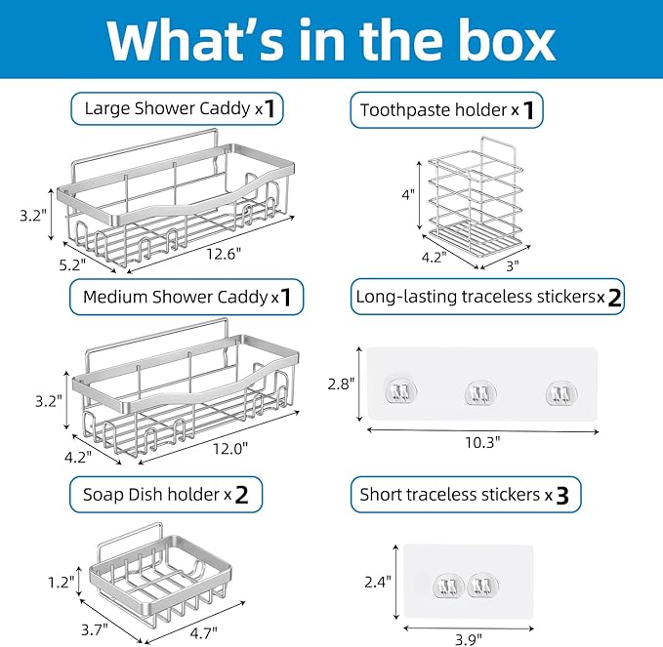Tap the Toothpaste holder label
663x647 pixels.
point(447,109)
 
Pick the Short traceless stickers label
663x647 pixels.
point(466,495)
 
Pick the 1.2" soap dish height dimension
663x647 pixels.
point(60,582)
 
